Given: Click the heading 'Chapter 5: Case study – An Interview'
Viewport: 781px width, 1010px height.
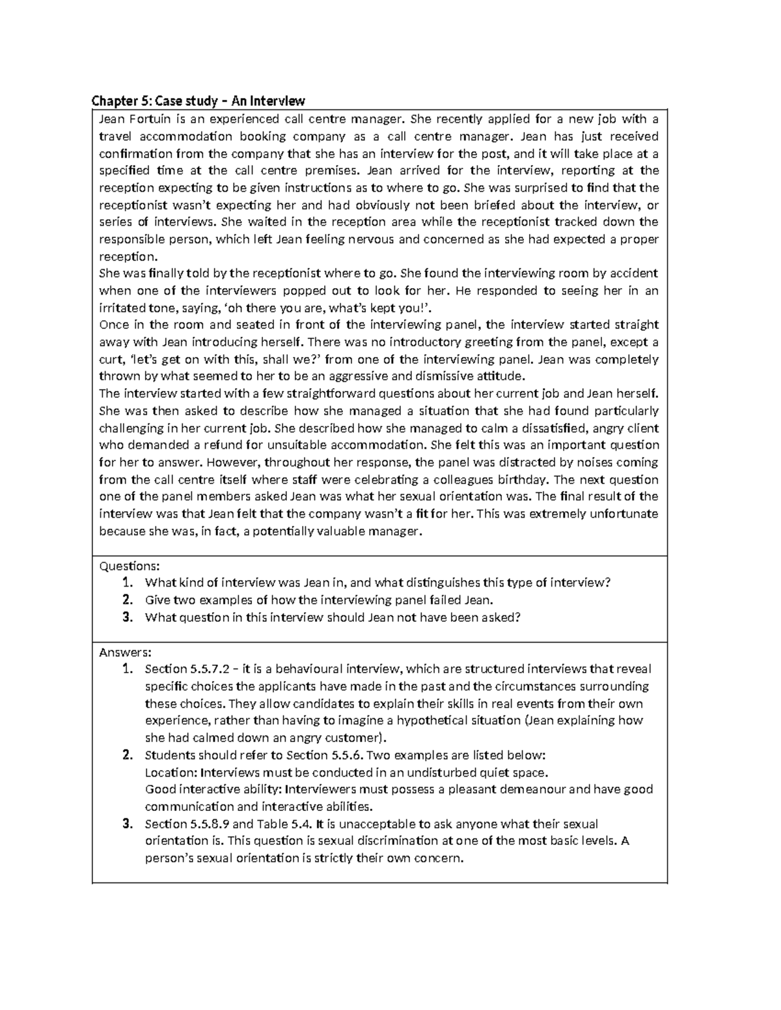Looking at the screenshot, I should click(x=198, y=101).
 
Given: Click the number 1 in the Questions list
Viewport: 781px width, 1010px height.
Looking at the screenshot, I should click(x=128, y=583).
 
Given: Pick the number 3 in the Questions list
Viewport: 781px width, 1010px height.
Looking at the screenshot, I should click(x=128, y=617).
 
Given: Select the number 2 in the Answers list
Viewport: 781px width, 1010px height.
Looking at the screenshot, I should click(x=128, y=755).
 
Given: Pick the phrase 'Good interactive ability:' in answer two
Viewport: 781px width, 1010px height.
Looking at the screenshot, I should click(x=213, y=790).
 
